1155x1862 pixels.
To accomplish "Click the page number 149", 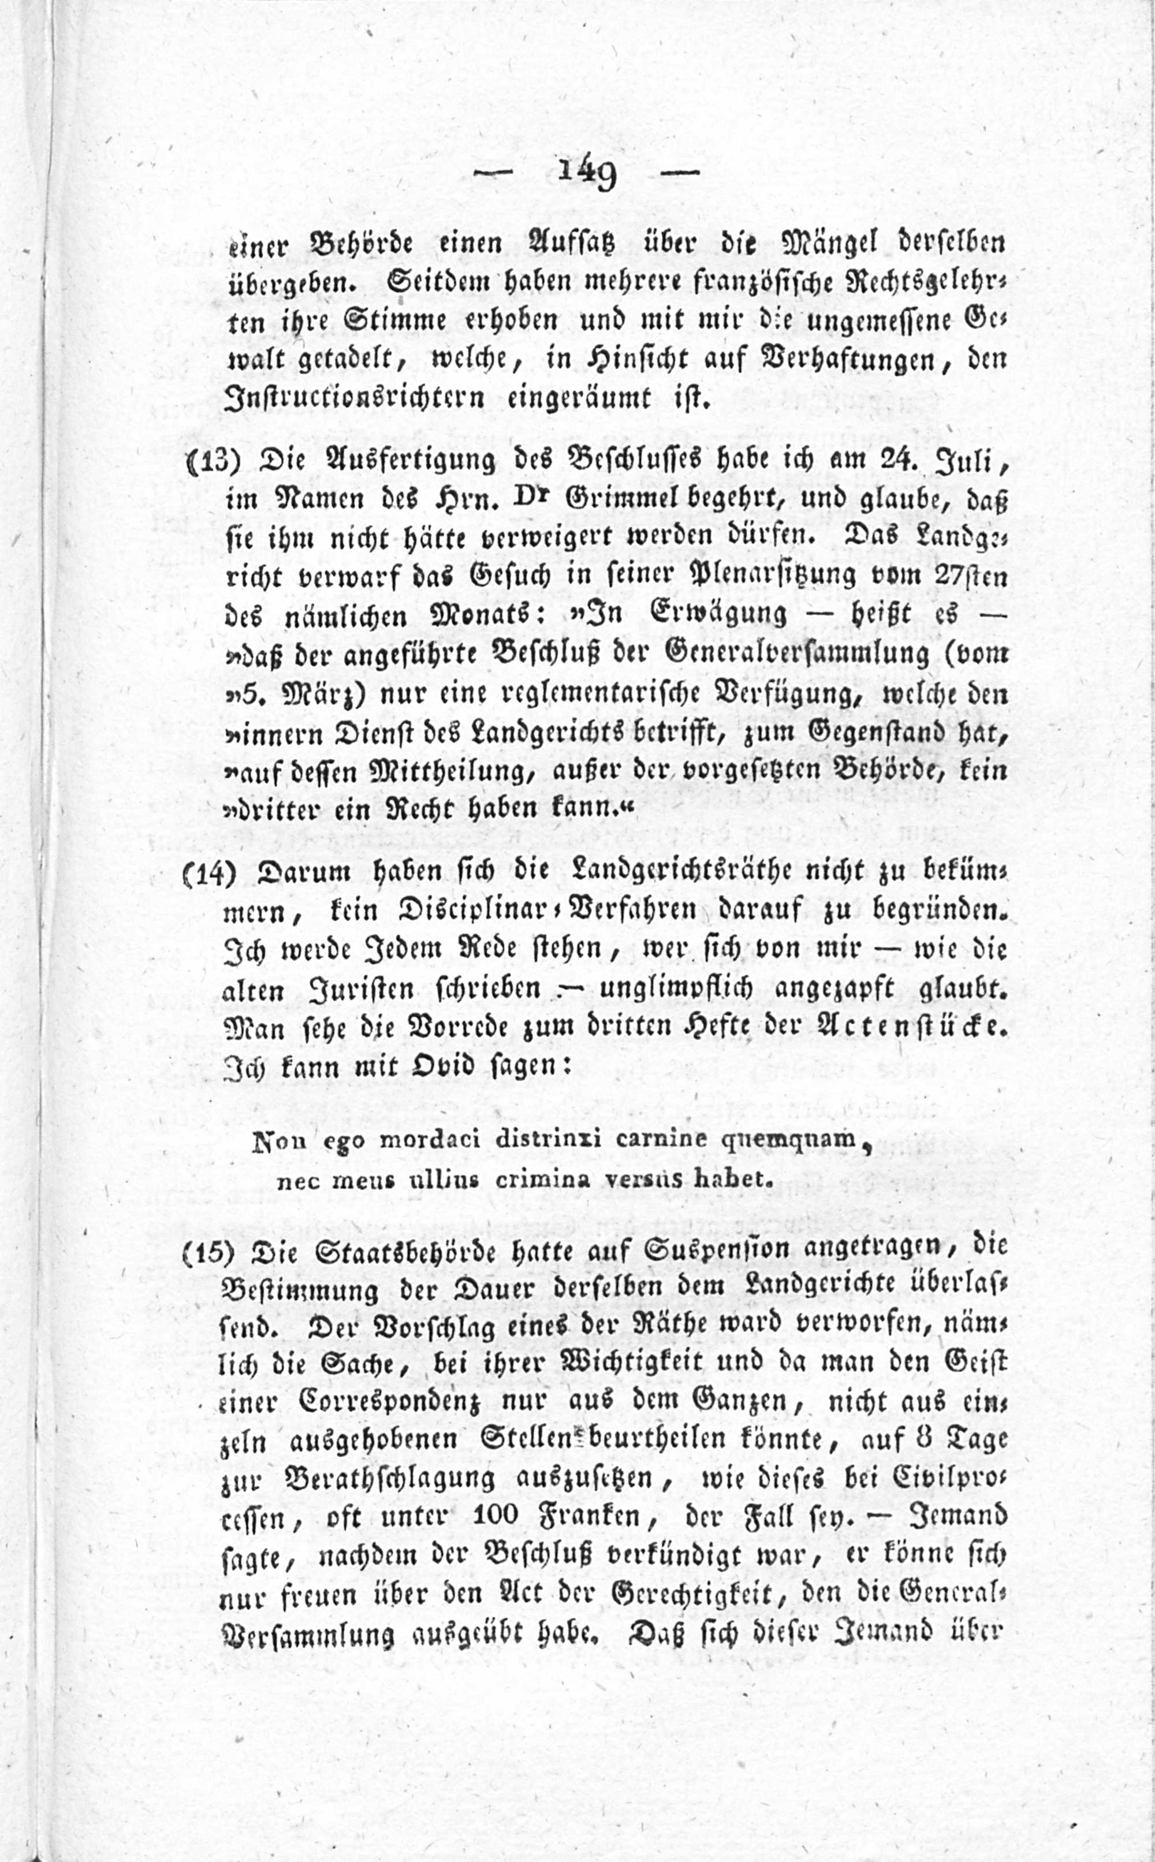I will pos(587,177).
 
